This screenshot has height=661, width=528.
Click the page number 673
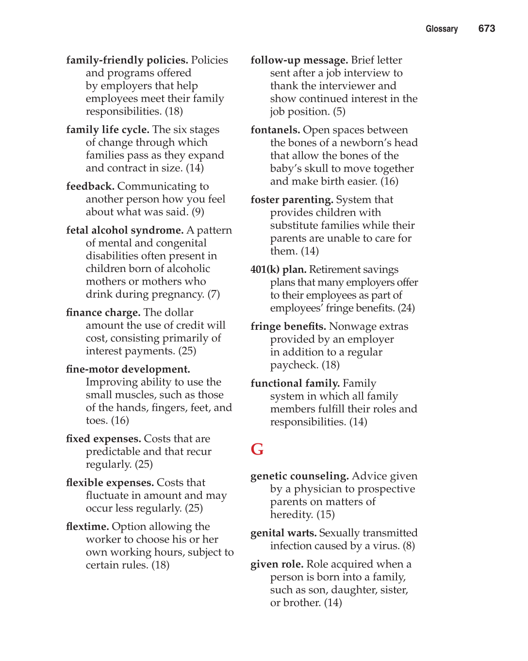486,29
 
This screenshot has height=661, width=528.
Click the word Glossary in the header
442,29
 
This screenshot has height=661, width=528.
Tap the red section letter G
257,449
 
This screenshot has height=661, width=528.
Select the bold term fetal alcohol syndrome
125,230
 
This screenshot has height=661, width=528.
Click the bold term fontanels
275,130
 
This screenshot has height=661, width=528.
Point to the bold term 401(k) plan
278,270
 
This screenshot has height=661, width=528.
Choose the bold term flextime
87,526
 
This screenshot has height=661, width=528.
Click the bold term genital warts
283,533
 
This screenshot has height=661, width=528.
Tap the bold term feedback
90,186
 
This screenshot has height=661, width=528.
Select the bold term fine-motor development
128,370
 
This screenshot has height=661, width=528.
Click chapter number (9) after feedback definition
198,212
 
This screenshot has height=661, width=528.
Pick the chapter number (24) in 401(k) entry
406,308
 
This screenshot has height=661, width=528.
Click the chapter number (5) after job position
339,112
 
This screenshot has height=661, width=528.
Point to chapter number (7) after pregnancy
214,294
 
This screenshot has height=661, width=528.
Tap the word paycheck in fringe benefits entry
294,365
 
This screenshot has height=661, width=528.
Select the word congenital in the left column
181,243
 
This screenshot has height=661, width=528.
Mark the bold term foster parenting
292,200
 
